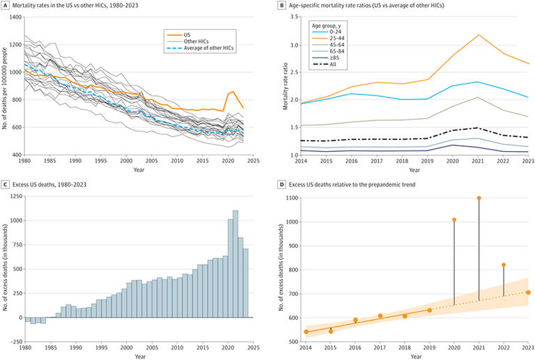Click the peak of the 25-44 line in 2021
[479, 35]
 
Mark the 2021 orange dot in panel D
[479, 198]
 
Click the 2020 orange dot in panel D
[454, 220]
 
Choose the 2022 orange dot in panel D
[504, 265]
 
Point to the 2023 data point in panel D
[528, 292]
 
